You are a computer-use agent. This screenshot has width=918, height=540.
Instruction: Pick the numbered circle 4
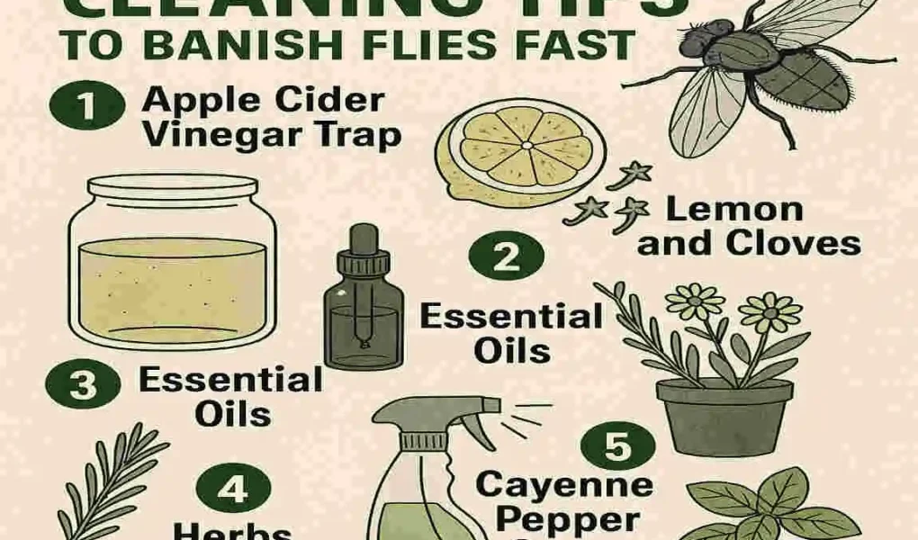[231, 490]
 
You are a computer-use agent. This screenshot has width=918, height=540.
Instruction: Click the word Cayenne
[564, 485]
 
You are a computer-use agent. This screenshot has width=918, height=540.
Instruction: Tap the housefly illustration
[765, 72]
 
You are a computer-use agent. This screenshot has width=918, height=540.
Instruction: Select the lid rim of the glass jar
[163, 185]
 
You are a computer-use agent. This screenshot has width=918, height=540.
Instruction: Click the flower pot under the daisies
[724, 414]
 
